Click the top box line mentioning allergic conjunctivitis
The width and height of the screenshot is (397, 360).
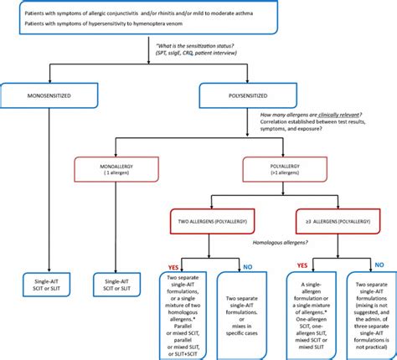126,15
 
